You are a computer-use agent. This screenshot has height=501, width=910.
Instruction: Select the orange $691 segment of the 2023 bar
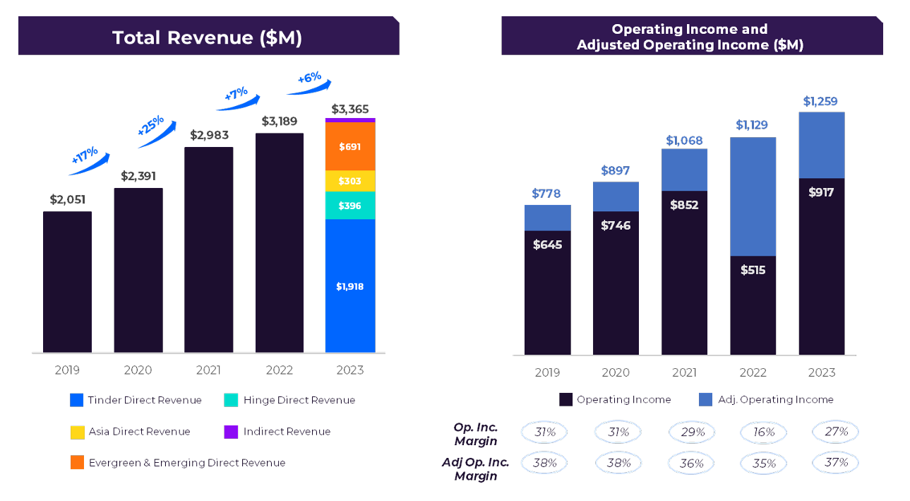point(350,146)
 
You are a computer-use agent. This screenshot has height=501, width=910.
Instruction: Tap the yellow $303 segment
point(350,181)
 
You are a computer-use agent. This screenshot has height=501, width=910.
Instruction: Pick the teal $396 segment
point(350,206)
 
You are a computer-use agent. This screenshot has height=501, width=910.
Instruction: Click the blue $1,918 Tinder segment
point(350,286)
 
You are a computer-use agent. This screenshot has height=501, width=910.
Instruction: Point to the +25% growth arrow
point(155,131)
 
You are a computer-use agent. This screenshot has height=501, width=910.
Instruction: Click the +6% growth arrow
point(309,83)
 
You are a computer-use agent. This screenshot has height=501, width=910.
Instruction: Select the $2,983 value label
point(209,135)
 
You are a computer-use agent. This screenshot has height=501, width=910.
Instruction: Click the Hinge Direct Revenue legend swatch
point(231,400)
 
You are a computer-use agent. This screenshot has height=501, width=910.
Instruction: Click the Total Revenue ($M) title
point(208,37)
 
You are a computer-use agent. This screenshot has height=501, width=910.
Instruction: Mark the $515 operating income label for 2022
point(753,270)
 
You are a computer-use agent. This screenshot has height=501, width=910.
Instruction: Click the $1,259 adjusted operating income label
point(820,102)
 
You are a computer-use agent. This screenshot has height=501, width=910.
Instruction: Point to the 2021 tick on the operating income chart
point(684,372)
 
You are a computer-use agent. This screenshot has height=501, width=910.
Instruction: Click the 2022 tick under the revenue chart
point(279,370)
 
